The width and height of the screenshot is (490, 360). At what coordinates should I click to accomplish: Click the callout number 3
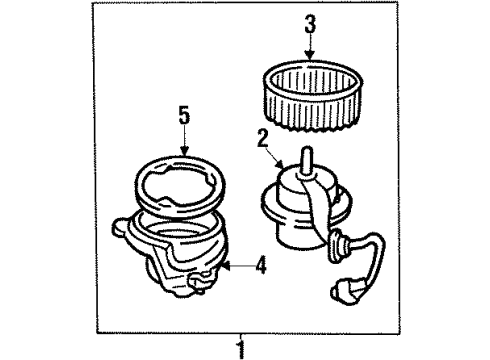click(310, 22)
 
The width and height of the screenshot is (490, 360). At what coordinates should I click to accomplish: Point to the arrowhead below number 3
click(310, 58)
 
